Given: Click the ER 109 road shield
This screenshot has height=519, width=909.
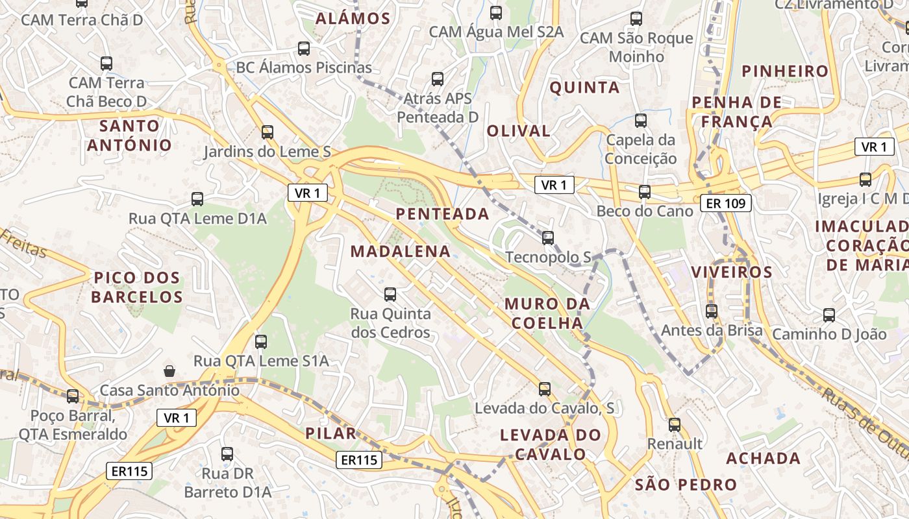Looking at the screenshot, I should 726,204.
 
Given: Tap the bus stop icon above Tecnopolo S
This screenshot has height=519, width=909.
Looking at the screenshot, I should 548,238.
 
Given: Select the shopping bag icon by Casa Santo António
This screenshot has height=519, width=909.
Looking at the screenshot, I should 169,371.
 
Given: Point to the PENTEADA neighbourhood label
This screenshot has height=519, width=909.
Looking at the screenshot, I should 442,213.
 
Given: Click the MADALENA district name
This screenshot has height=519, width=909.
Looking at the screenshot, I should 401,251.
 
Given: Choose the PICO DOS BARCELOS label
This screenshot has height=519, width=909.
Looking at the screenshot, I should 137,287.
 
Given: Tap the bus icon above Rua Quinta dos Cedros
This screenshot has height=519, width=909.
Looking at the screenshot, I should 390,295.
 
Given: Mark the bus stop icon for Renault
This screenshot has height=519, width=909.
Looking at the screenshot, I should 675,425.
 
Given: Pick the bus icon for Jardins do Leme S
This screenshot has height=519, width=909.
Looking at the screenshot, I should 267,132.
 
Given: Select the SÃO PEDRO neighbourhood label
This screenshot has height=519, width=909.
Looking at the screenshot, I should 686,484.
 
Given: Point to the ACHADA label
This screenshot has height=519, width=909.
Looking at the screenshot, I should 763,458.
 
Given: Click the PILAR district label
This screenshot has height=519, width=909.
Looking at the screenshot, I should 330,433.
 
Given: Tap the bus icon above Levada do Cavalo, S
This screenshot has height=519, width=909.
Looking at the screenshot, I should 544,389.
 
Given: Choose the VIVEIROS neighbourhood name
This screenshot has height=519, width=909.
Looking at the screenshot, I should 732,271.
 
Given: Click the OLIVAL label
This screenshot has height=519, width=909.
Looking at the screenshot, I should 519,130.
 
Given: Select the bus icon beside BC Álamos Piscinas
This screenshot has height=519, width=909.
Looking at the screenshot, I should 303,49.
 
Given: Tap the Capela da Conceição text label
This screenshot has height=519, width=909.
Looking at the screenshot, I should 641,149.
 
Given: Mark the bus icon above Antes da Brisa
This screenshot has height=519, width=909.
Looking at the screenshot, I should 712,311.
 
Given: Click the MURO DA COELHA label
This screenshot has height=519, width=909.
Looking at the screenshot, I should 547,313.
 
